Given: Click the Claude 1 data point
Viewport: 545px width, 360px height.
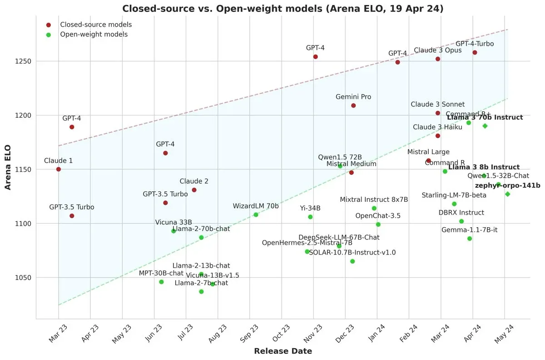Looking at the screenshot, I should coord(58,169).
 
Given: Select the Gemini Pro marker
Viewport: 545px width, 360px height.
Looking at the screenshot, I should coord(353,105).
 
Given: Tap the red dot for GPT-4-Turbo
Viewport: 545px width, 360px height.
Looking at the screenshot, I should coord(475,52).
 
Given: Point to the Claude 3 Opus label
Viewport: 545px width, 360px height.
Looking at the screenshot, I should coord(437,50).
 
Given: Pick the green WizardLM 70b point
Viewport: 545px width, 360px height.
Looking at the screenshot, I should coord(256,215).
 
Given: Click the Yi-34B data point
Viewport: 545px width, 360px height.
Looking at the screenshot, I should coord(310,217).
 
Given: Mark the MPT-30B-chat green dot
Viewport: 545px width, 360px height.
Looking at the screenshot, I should coord(161,282).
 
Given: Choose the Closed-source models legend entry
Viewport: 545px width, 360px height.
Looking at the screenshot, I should coord(96,25).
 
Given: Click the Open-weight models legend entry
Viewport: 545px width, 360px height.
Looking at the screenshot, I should coord(94,35).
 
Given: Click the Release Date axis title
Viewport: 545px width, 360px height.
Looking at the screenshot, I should coord(282,351).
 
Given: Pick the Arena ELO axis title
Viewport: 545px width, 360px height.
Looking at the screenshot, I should coord(8,169).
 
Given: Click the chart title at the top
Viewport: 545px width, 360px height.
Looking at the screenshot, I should coord(282,8).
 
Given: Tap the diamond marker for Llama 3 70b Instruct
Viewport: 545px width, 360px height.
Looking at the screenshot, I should coord(485,126).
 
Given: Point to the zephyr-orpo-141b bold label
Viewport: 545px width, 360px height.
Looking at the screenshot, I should coord(507,185).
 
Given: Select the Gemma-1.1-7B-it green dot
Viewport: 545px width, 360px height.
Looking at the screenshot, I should coord(470,239).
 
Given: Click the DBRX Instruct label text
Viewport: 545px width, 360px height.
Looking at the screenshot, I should coord(461,213).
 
